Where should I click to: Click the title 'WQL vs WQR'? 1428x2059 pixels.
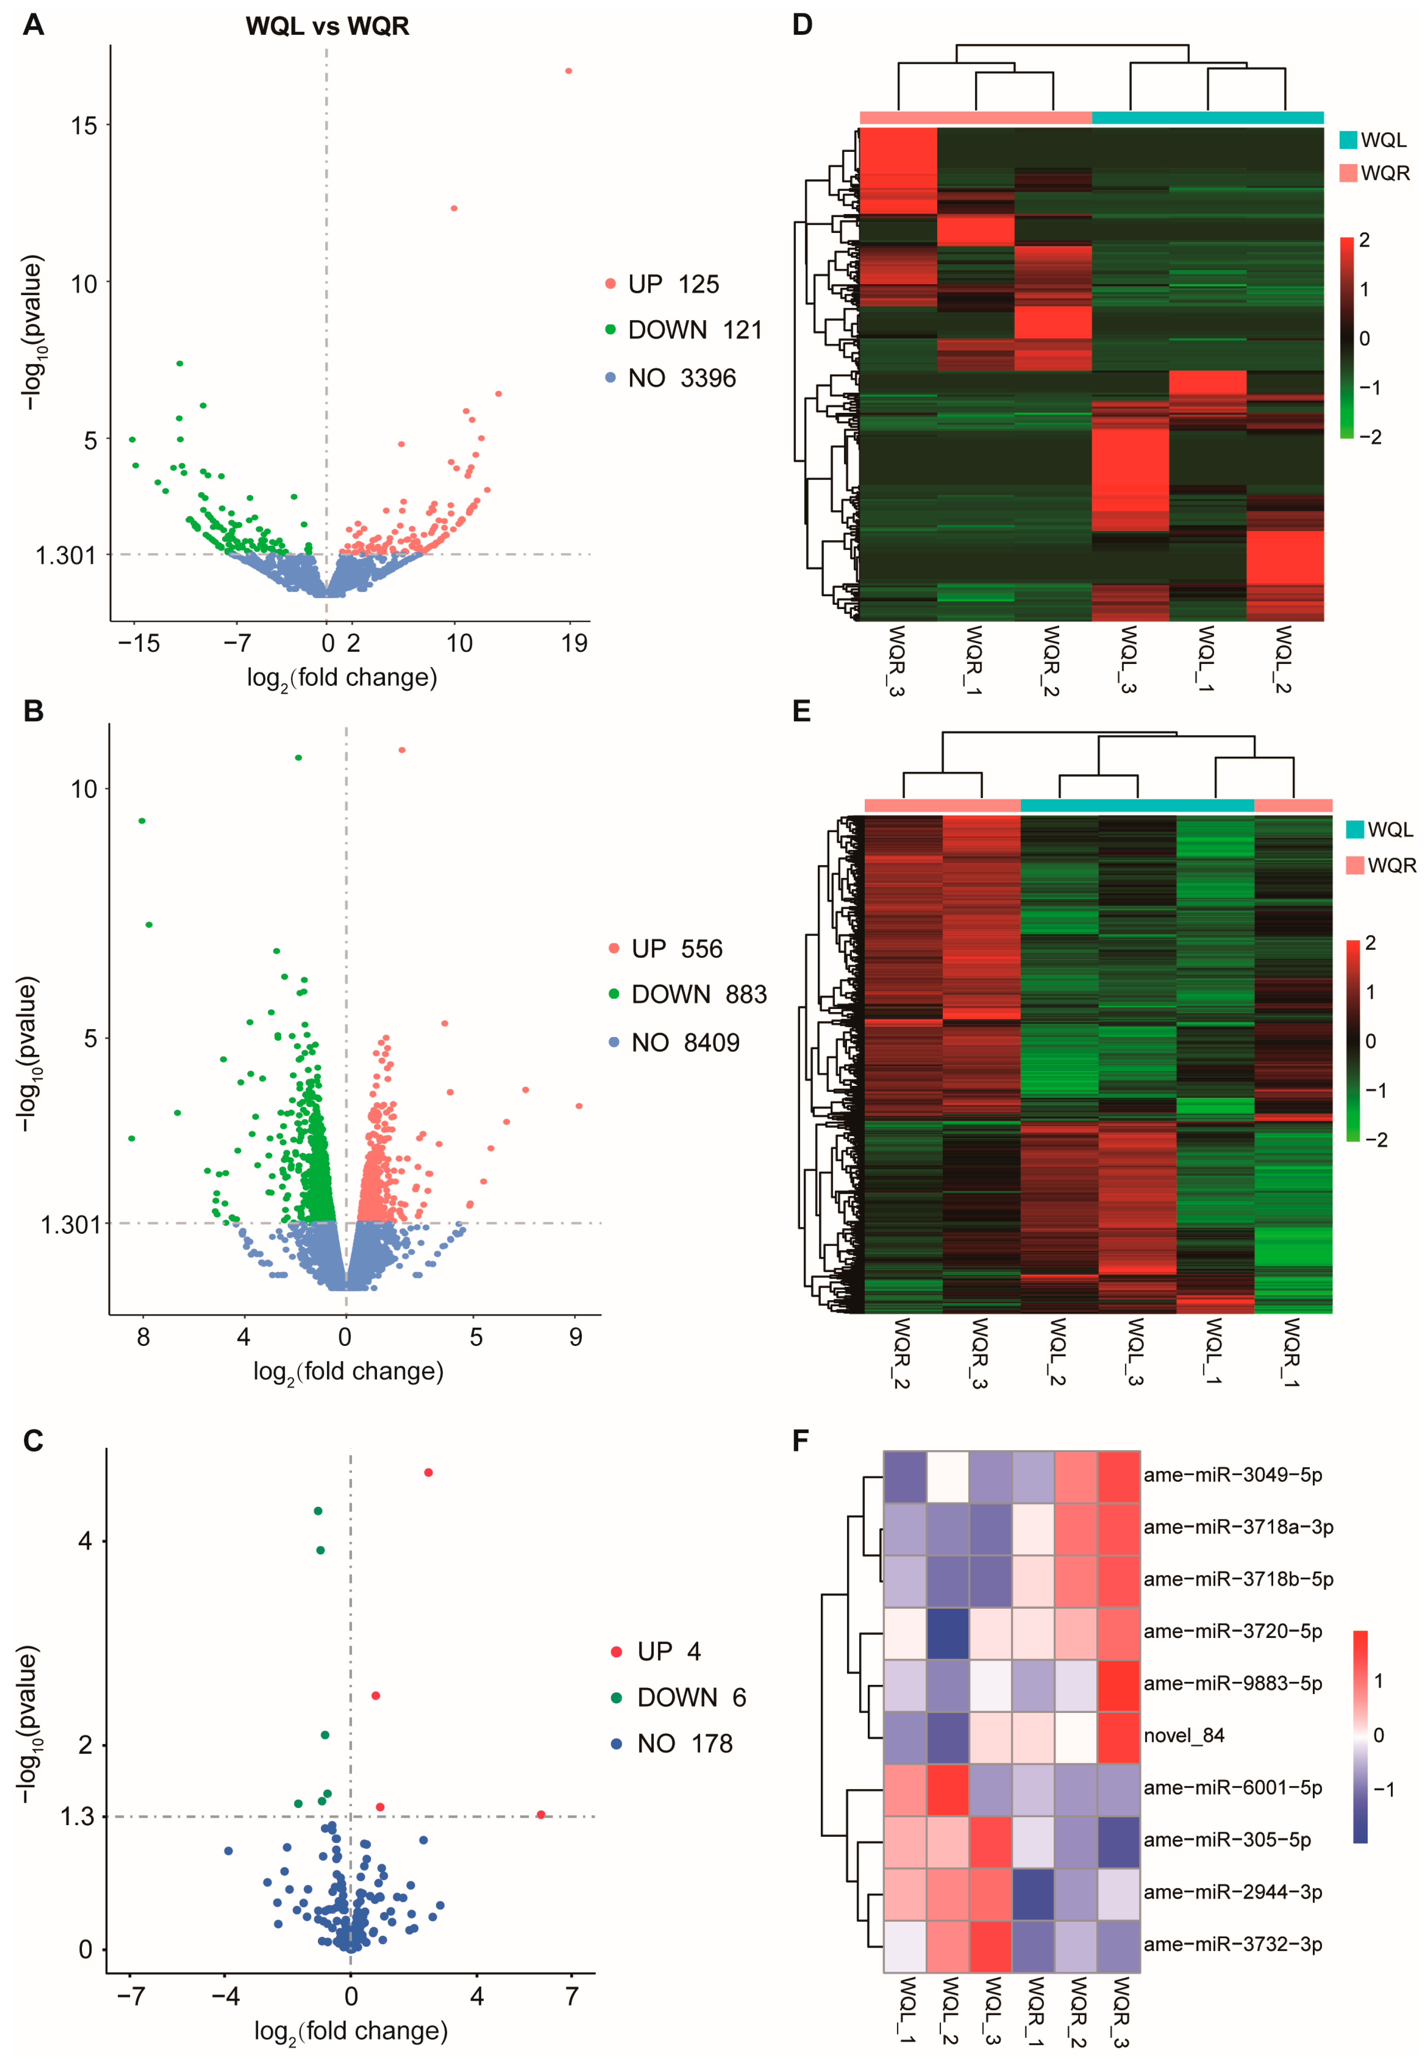tap(327, 26)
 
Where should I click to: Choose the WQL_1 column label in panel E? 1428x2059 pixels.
tap(1214, 1351)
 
